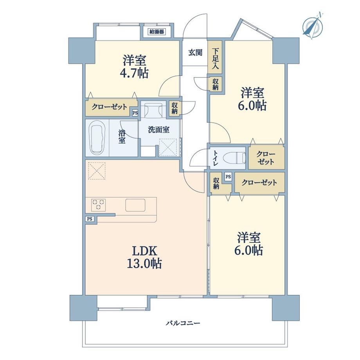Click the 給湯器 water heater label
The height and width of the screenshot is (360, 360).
[x=157, y=31]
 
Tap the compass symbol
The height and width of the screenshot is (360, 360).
[x=313, y=26]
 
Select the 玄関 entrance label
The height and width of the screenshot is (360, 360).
[x=195, y=52]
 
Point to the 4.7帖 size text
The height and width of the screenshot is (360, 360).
[x=134, y=73]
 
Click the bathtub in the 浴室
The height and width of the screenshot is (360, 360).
[x=97, y=138]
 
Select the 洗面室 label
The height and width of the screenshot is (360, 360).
[x=158, y=130]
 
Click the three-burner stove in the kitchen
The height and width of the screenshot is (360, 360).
[x=99, y=205]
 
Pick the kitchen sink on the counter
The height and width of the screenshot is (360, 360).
[x=135, y=205]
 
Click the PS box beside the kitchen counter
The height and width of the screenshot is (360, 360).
[x=90, y=219]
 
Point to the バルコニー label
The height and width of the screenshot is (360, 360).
[x=183, y=323]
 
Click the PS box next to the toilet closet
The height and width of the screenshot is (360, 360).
[x=228, y=177]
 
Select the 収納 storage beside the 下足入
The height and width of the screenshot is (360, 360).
[x=216, y=84]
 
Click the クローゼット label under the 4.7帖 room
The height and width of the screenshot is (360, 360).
[x=110, y=107]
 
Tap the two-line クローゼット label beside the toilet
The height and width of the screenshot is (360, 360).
[x=266, y=158]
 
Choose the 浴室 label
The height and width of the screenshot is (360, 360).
[x=122, y=137]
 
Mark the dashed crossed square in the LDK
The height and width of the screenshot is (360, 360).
[x=97, y=171]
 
